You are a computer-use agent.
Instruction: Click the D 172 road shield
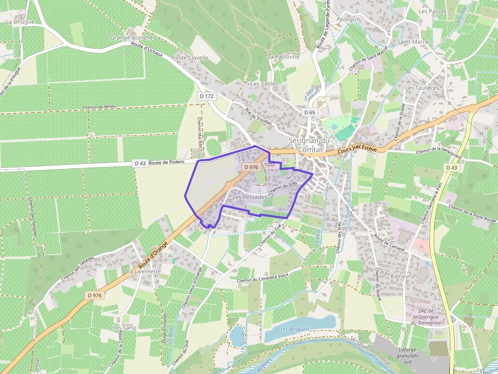pyautogui.click(x=207, y=96)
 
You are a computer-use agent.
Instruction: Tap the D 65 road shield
pyautogui.click(x=309, y=112)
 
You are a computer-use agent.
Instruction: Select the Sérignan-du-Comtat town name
pyautogui.click(x=309, y=144)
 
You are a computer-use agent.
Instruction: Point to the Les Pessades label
pyautogui.click(x=249, y=196)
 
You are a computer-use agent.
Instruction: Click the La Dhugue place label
pyautogui.click(x=20, y=22)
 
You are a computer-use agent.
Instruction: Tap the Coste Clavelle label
pyautogui.click(x=190, y=58)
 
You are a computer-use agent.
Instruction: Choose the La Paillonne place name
pyautogui.click(x=284, y=57)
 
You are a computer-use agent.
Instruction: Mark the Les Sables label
pyautogui.click(x=262, y=83)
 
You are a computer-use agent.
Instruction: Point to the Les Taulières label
pyautogui.click(x=422, y=88)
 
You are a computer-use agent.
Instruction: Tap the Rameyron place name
pyautogui.click(x=404, y=276)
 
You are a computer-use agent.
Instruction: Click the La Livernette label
pyautogui.click(x=144, y=271)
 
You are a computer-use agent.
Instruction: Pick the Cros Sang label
pyautogui.click(x=123, y=328)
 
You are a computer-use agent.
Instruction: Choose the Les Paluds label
pyautogui.click(x=432, y=11)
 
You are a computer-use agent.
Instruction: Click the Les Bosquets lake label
pyautogui.click(x=295, y=329)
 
